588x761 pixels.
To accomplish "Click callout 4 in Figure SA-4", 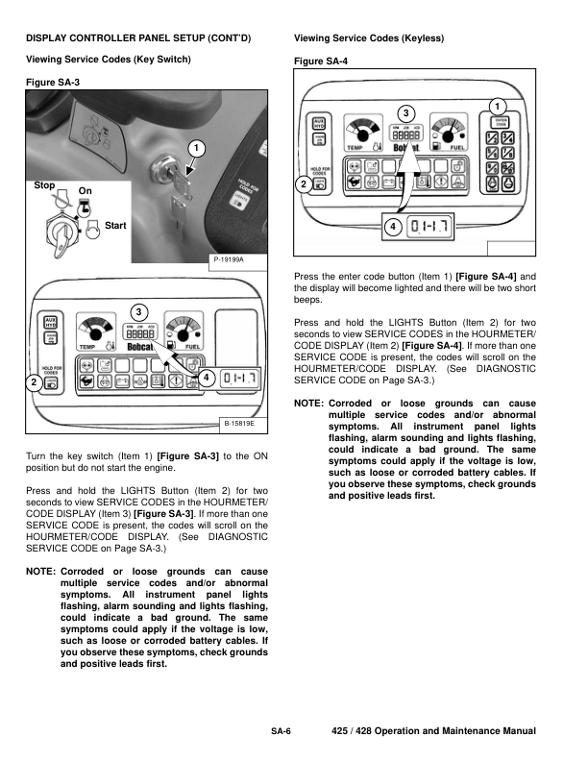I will [393, 226].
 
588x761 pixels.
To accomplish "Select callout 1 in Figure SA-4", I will [497, 104].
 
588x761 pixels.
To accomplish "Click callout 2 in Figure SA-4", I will [305, 183].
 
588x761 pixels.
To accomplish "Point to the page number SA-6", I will [281, 732].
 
